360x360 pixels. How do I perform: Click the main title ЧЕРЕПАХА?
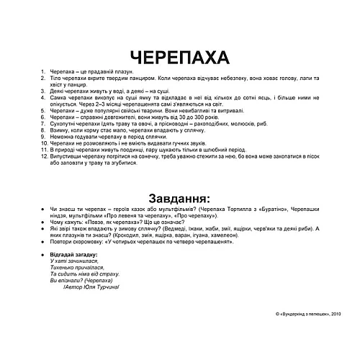[x=179, y=58]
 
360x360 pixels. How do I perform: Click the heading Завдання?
[x=179, y=197]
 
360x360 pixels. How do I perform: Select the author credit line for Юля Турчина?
[x=91, y=287]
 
